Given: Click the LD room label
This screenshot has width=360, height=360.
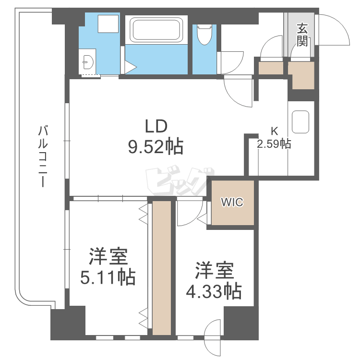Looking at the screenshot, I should [x=156, y=126].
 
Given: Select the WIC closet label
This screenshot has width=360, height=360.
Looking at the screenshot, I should [x=232, y=202].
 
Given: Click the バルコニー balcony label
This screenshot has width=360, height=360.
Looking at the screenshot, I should [x=44, y=156].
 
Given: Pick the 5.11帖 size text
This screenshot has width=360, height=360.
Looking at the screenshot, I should [x=108, y=277].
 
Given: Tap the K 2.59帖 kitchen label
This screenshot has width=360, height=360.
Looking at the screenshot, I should [x=274, y=138].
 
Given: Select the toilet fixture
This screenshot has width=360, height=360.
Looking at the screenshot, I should [x=204, y=34].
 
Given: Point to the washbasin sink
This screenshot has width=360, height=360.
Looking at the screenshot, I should [x=88, y=61].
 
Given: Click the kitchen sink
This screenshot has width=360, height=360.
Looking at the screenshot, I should [x=301, y=122].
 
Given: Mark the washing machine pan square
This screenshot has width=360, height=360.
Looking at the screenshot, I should [x=106, y=24].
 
